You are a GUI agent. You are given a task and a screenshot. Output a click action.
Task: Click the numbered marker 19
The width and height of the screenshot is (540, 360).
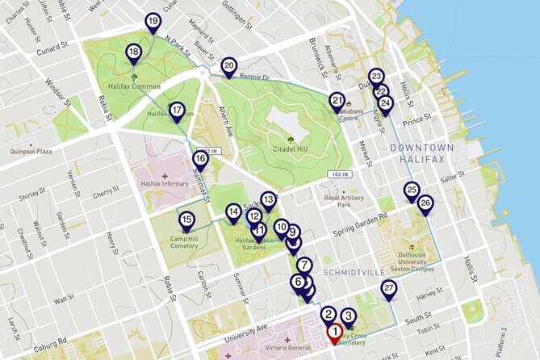click(153, 22)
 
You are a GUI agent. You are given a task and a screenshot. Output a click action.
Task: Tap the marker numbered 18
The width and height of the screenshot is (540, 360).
click(133, 54)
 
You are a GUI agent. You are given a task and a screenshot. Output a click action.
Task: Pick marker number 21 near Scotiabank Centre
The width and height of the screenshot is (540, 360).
click(337, 101)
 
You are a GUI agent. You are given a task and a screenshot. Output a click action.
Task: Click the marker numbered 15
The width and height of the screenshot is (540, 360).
click(186, 220)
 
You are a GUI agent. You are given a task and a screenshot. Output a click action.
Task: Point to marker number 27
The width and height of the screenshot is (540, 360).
click(389, 289)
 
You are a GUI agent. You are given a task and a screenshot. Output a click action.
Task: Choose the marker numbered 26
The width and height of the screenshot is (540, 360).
click(425, 203)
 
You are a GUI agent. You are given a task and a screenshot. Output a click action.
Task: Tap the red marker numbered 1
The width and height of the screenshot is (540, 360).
click(334, 331)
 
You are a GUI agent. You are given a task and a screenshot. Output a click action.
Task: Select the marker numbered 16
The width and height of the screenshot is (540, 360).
click(200, 160)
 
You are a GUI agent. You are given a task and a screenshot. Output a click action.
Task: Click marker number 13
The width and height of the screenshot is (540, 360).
click(268, 199)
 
